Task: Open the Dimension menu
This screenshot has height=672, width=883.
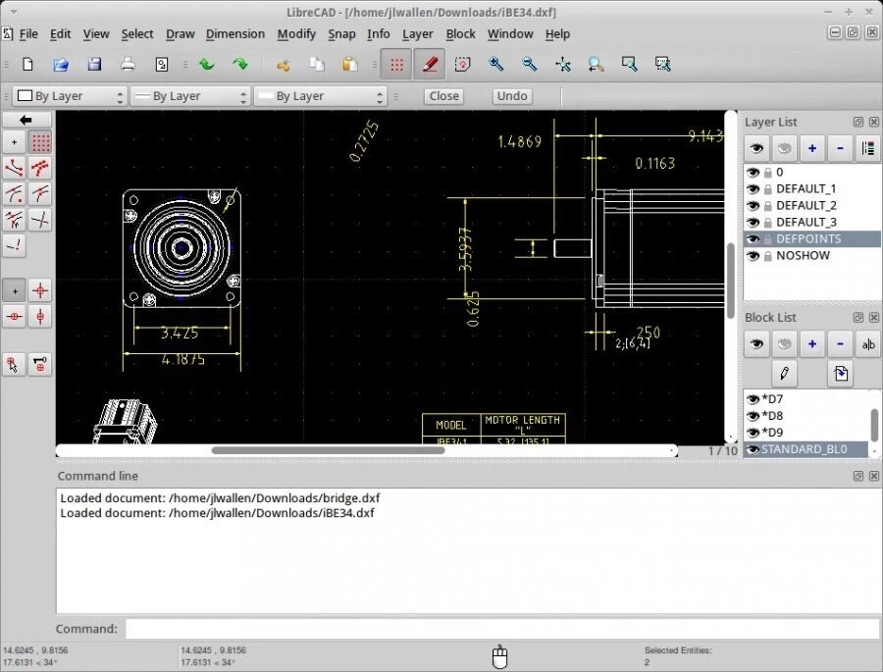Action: (x=234, y=33)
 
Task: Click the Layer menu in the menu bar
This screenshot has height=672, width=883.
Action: (x=417, y=33)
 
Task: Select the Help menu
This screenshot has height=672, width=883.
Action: (x=557, y=33)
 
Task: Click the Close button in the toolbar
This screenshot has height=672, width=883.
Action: (x=443, y=96)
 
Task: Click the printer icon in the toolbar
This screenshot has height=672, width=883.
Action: (x=128, y=65)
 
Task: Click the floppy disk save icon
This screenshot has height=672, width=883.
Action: (x=94, y=65)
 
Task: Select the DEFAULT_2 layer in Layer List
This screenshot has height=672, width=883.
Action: (x=805, y=205)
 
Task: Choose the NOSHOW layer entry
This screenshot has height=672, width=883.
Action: (x=803, y=255)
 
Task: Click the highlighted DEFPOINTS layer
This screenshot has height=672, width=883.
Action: (x=808, y=238)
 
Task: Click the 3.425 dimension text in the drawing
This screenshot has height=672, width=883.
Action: (x=179, y=334)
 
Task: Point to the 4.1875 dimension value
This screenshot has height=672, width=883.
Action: (x=182, y=359)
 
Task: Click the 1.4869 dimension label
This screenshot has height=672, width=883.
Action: (x=519, y=141)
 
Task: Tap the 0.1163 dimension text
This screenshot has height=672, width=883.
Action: (x=654, y=164)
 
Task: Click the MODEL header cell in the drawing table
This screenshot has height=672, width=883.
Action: (x=450, y=425)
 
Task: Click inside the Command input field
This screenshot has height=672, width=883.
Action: (x=500, y=629)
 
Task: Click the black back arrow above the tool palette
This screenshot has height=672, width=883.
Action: (x=27, y=120)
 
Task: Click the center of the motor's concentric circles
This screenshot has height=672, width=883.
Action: (x=182, y=246)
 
